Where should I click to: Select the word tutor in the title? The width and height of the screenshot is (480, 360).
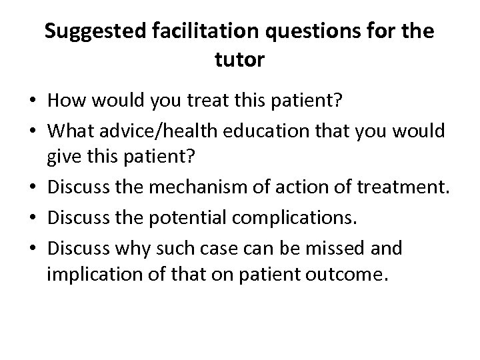(240, 61)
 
